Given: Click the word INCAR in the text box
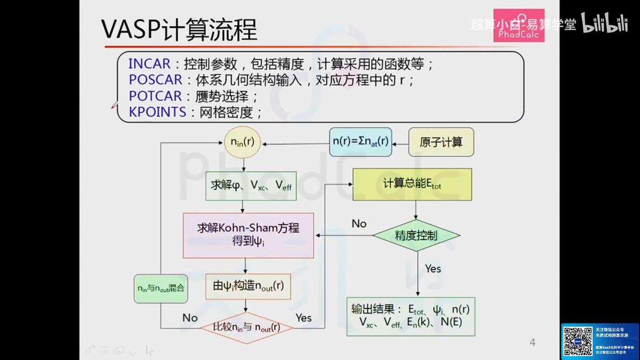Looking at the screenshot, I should pyautogui.click(x=149, y=64).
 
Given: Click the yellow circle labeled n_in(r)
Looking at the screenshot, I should pyautogui.click(x=242, y=142).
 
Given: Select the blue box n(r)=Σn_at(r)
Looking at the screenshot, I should pyautogui.click(x=360, y=142).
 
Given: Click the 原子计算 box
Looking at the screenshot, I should pyautogui.click(x=441, y=142).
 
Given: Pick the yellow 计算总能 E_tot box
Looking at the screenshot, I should pyautogui.click(x=412, y=184).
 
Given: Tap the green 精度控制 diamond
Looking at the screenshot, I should pyautogui.click(x=416, y=235).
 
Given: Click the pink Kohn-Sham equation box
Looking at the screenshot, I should pyautogui.click(x=248, y=235).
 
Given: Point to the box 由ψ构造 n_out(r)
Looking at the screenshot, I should pyautogui.click(x=248, y=286).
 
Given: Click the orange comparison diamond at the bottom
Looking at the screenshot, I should pyautogui.click(x=246, y=327).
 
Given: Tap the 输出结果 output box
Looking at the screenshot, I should pyautogui.click(x=411, y=316).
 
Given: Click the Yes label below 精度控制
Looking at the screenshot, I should pyautogui.click(x=433, y=268).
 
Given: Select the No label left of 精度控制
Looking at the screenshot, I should pyautogui.click(x=359, y=223).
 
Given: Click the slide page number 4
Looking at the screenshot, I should pyautogui.click(x=532, y=342).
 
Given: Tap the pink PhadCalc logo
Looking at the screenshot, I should pyautogui.click(x=519, y=25).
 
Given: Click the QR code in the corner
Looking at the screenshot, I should pyautogui.click(x=578, y=340).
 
